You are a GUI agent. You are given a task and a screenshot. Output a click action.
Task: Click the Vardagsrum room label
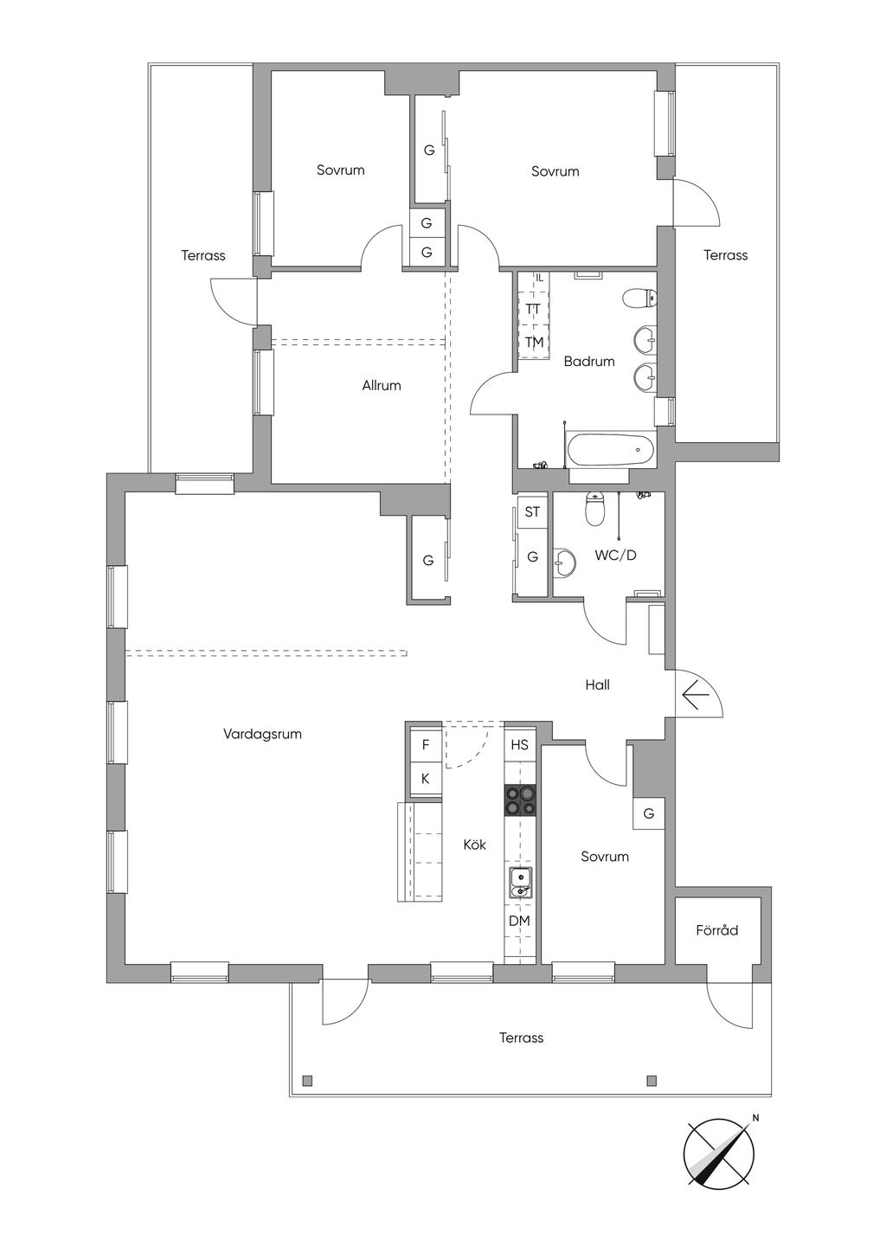coord(262,734)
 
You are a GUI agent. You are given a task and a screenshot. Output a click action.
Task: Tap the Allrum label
coord(382,385)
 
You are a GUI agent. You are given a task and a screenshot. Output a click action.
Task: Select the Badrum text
coord(589,362)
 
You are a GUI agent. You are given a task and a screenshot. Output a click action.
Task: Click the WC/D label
coord(615,556)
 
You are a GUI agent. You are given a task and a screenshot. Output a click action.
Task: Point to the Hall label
coord(597,684)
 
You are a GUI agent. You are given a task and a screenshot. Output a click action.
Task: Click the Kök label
coord(474,845)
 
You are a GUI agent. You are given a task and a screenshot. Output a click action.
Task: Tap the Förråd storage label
coord(717,930)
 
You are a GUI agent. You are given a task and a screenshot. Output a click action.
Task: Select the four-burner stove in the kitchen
coord(520,800)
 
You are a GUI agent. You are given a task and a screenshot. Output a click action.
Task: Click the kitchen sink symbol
coord(521,884)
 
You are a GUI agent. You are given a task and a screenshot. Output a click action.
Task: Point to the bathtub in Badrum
coord(610,449)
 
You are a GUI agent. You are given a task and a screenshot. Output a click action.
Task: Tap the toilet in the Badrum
coord(639,298)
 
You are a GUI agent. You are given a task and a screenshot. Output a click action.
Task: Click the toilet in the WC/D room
coord(594,509)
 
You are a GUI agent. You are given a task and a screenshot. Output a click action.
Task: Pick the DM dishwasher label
coord(519,921)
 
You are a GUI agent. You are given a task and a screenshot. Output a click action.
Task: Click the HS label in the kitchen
coord(520,745)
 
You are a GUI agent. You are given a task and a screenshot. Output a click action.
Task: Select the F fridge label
coord(426,745)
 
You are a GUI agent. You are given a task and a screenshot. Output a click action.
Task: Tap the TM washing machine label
coord(534,342)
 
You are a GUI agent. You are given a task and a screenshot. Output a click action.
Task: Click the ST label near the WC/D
coord(532,511)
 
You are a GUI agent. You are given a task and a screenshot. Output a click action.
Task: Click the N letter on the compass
coord(755,1118)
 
